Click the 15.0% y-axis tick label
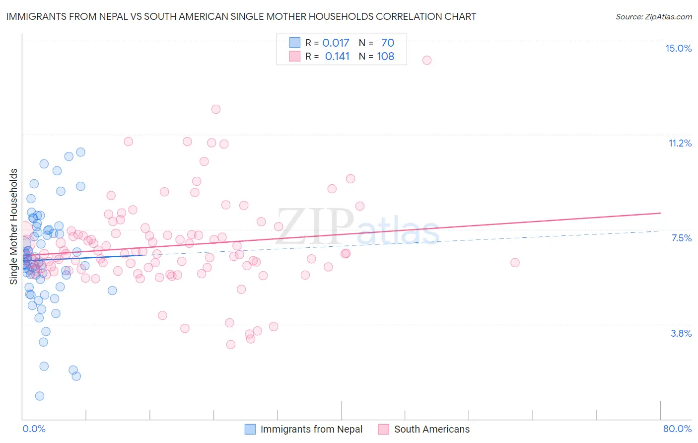click(678, 48)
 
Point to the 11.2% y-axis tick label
click(680, 143)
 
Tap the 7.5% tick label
click(681, 238)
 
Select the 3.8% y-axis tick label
click(681, 333)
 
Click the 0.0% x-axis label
click(34, 429)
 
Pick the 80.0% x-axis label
click(677, 429)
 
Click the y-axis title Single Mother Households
click(14, 226)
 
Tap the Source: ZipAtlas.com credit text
click(653, 16)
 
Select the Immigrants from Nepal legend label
click(311, 429)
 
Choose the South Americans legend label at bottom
click(431, 429)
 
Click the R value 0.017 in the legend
click(336, 43)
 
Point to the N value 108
click(386, 56)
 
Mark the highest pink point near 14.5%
click(427, 60)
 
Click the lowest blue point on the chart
click(40, 396)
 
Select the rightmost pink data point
click(515, 262)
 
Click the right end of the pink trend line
click(660, 213)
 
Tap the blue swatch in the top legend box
click(295, 43)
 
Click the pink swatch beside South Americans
click(383, 429)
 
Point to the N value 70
click(388, 43)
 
